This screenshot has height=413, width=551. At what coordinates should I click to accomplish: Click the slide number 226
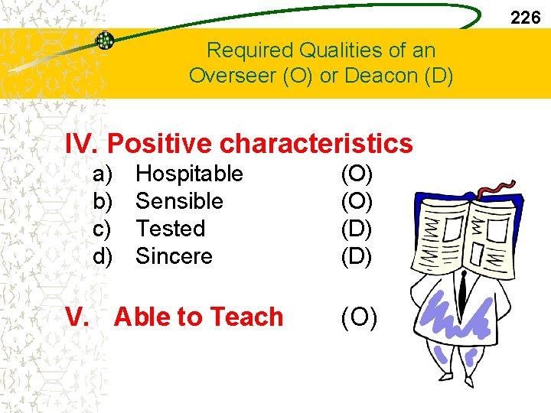(525, 18)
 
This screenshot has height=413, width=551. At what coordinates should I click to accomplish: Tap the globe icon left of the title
(105, 41)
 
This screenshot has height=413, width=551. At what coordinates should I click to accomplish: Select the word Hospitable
(189, 174)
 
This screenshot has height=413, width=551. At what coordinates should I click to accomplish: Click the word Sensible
(179, 202)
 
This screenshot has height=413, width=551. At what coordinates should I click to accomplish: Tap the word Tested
(170, 229)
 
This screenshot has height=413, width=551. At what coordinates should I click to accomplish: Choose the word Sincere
(174, 256)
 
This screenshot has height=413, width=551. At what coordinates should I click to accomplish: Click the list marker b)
(103, 202)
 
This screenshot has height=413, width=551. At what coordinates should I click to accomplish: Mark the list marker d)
(103, 256)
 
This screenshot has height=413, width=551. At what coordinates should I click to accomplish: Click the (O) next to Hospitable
(357, 174)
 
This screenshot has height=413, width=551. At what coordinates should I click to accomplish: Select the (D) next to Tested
(357, 229)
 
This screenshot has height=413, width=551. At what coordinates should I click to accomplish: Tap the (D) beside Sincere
(357, 256)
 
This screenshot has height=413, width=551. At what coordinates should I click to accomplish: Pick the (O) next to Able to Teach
(358, 317)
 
